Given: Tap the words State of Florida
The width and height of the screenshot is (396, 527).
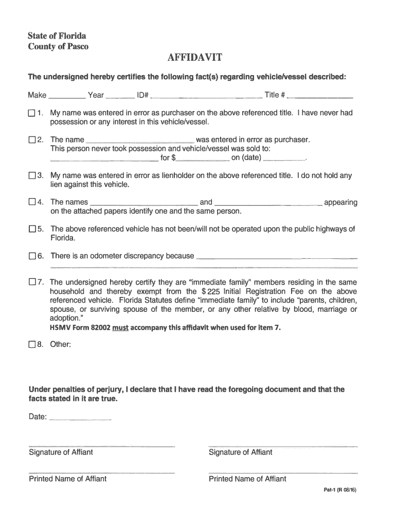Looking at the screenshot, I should coord(57,36).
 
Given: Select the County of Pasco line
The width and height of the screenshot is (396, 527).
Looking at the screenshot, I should coord(58,46).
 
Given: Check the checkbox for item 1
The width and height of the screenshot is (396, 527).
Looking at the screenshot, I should coord(32,113).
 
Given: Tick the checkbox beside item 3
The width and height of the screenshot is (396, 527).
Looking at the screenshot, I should coord(32,175).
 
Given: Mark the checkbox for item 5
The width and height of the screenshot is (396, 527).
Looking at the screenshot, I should coord(32,229).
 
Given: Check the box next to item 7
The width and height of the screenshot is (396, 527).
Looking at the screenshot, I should coord(32,282).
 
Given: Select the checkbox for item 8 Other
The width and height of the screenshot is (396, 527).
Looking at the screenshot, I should coord(32,344).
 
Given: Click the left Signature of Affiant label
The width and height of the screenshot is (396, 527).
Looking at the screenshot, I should coord(61,452).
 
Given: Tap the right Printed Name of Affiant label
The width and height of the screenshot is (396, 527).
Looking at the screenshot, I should coord(247,479).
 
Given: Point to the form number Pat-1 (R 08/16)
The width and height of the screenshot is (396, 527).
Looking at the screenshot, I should coord(336,490).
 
